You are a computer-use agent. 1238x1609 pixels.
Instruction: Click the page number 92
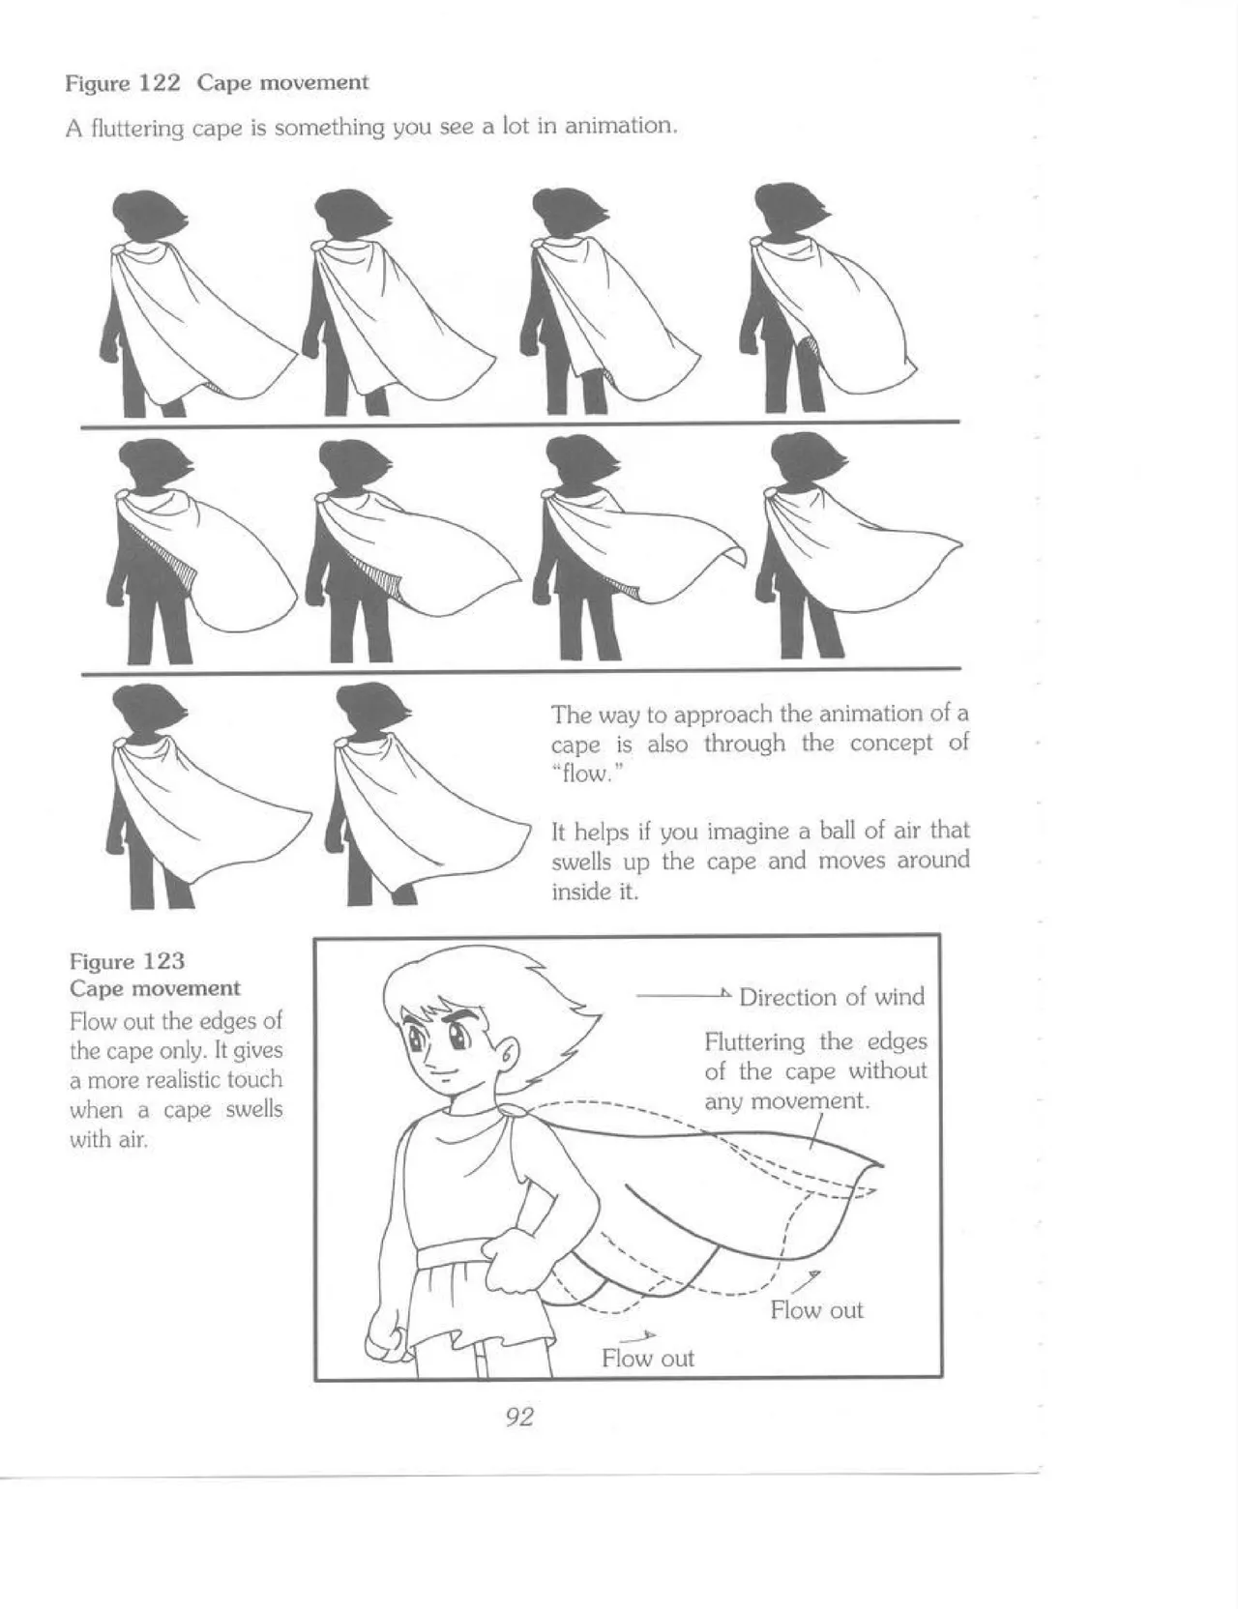(519, 1418)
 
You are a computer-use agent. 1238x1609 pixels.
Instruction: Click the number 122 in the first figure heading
(161, 83)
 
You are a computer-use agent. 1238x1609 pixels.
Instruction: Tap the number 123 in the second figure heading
(163, 961)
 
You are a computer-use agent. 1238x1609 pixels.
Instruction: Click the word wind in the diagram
(898, 997)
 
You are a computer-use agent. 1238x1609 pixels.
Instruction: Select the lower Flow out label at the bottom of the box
(647, 1359)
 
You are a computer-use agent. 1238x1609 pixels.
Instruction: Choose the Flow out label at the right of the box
(816, 1310)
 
